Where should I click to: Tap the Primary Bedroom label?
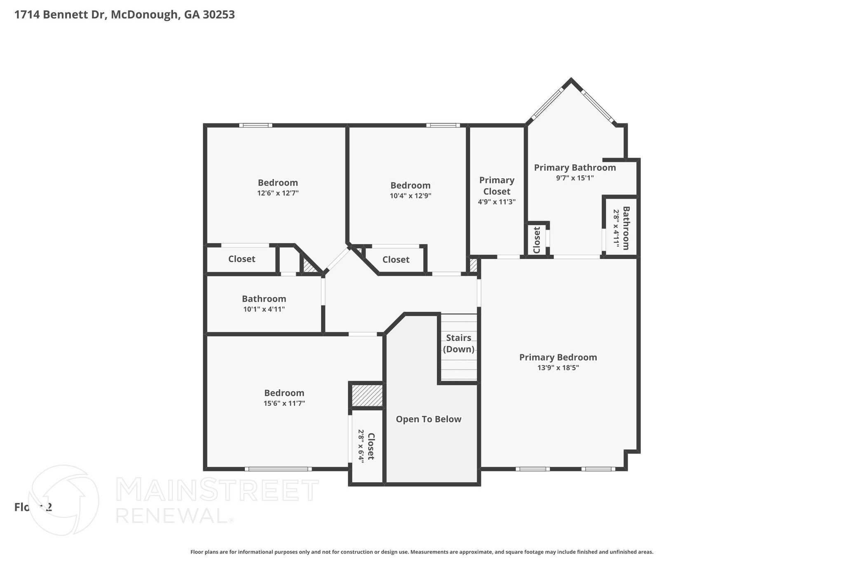(x=558, y=357)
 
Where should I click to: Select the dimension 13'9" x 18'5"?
(x=558, y=368)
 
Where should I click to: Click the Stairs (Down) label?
(x=459, y=343)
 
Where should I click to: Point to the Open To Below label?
(x=429, y=419)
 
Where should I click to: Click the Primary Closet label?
(x=497, y=186)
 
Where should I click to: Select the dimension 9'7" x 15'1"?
(x=575, y=178)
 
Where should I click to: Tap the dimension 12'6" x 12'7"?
(x=278, y=193)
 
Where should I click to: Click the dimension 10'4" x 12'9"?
(x=410, y=196)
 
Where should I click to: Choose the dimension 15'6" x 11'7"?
(x=284, y=403)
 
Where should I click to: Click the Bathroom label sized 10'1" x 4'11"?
(x=264, y=299)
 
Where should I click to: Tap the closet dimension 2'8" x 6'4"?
(x=361, y=446)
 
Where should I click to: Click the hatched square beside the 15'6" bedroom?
(x=367, y=396)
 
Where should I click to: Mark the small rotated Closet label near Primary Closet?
(x=537, y=240)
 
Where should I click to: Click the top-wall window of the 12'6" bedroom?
(x=256, y=125)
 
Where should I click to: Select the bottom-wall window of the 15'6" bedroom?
(x=278, y=469)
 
